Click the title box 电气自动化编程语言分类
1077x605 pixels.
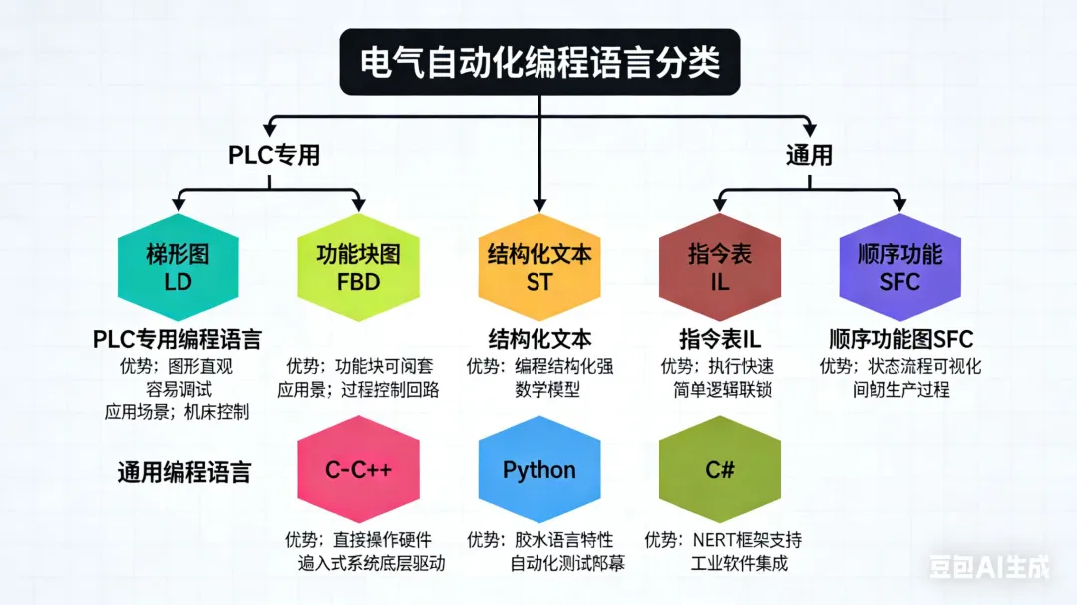tap(538, 62)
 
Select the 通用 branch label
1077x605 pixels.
tap(808, 155)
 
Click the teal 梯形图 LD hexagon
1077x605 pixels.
tap(179, 267)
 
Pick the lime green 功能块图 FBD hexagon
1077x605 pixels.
tap(358, 267)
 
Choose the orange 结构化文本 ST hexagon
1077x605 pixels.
tap(538, 267)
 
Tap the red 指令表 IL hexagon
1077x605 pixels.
tap(719, 267)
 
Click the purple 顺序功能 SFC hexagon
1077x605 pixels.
tap(899, 267)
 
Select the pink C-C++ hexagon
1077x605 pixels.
tap(358, 470)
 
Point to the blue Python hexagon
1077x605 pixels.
tap(538, 470)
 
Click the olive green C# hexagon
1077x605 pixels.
tap(719, 470)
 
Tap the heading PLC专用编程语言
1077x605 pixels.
tap(178, 339)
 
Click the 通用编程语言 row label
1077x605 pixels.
tap(183, 472)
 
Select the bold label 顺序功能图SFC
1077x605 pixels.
tap(900, 339)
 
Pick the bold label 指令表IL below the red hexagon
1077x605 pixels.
tap(719, 339)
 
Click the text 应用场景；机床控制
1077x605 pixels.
tap(177, 412)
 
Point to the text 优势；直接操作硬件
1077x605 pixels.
tap(358, 540)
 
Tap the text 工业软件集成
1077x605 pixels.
tap(739, 563)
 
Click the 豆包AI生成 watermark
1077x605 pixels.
tap(989, 567)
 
